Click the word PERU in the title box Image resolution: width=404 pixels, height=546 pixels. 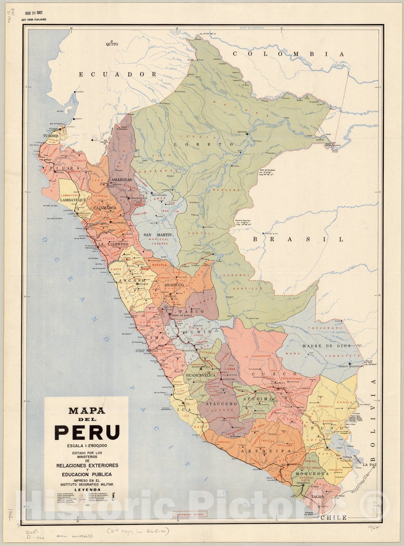pos(87,432)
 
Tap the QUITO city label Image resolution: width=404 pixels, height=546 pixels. pos(112,44)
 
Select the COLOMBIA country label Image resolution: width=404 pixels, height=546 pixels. pos(288,54)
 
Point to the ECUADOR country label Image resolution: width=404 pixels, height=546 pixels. pos(118,74)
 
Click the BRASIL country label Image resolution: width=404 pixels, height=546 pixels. pos(298,239)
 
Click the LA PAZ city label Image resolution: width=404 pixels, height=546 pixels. pos(370,465)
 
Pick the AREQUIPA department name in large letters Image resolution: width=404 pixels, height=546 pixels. pos(266,451)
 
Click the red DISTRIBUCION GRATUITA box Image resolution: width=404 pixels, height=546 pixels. pos(190,514)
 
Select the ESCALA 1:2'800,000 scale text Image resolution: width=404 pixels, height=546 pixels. pos(87,445)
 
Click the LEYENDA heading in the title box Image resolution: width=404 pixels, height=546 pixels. pos(88,490)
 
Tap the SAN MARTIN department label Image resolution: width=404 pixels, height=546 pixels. pos(157,235)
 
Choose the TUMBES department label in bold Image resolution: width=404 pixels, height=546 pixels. pos(51,136)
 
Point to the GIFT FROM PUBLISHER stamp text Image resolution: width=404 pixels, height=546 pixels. pos(34,20)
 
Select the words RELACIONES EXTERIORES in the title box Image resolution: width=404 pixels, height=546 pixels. pos(87,465)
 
